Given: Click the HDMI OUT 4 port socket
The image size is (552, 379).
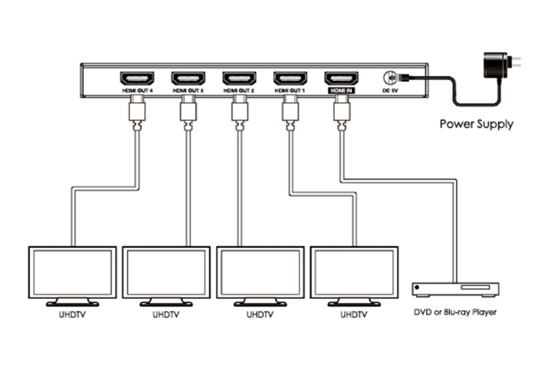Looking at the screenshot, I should [136, 78].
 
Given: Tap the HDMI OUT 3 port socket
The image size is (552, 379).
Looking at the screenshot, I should [188, 78].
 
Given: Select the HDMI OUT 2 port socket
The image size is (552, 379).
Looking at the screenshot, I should [239, 78].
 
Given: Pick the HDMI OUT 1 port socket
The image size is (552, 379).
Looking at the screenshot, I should [290, 78].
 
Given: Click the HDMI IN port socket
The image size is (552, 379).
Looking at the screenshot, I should [341, 78].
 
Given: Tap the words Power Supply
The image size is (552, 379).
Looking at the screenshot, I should [477, 124].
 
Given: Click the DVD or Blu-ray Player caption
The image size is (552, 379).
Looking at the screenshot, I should [455, 312].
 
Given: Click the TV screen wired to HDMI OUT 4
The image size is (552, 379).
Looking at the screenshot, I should [72, 272].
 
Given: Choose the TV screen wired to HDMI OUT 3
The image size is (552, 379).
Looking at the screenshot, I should [166, 272].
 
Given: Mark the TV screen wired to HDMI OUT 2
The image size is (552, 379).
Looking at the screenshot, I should [260, 272].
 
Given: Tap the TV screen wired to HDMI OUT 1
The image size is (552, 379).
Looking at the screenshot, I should [354, 272].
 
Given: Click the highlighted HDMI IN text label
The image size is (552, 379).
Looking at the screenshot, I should [341, 92].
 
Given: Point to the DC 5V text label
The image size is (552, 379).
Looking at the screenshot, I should [390, 92].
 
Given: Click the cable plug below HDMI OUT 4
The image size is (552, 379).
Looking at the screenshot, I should [136, 113].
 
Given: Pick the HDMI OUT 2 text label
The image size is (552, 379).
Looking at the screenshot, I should [239, 92].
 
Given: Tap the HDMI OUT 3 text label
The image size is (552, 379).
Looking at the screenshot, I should [188, 92].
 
